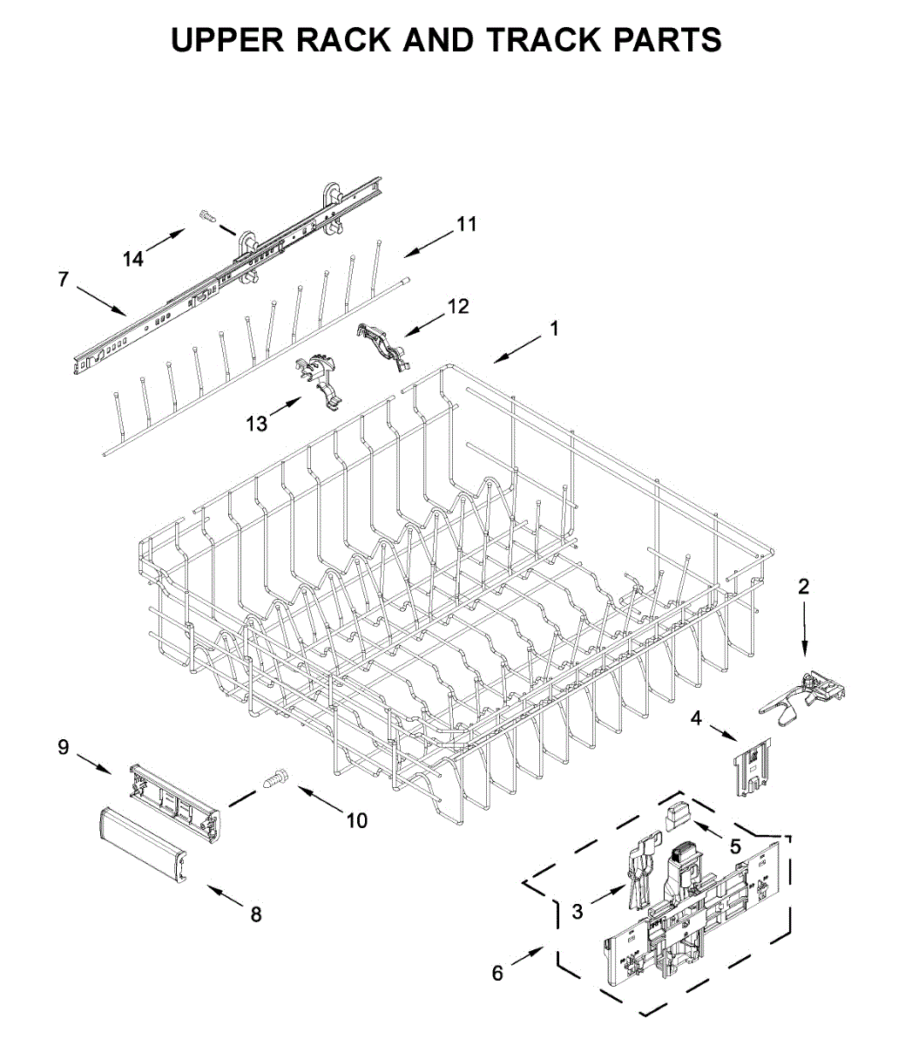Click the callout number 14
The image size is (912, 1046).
pos(133,259)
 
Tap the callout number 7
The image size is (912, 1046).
pos(63,280)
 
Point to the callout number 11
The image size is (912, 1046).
pos(467,224)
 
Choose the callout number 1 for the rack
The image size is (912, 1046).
pos(553,329)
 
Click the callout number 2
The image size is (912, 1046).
pos(803,587)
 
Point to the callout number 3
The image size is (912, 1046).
pos(578,912)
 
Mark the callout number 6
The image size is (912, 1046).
pos(497,973)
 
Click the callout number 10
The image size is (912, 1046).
pos(357,820)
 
